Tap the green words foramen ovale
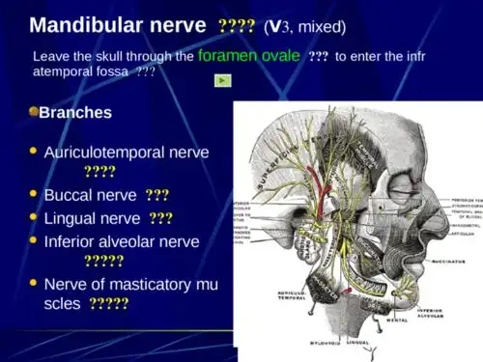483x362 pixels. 248,56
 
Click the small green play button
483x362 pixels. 222,80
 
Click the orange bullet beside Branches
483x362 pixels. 33,112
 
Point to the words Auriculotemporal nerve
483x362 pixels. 126,153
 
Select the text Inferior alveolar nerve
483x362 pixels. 122,241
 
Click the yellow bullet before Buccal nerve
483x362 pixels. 34,194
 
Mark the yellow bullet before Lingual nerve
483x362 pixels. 34,217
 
